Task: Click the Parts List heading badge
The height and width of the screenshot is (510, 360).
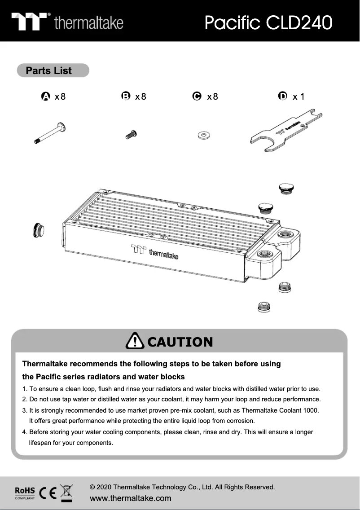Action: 53,70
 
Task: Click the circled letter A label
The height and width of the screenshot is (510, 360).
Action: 45,96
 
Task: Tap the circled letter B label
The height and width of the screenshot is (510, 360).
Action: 126,96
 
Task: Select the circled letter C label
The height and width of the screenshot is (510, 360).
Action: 196,96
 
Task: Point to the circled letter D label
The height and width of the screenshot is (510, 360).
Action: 282,96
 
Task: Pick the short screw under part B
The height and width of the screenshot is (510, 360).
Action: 131,134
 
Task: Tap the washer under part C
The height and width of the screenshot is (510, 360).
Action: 204,135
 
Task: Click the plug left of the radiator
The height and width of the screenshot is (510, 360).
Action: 39,230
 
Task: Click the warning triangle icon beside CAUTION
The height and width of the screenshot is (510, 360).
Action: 135,342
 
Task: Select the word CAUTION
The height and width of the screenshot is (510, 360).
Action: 180,342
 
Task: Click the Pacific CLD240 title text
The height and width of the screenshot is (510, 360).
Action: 268,22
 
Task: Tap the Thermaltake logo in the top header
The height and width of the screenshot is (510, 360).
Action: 67,22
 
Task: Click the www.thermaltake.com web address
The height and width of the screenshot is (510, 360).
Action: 131,498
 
